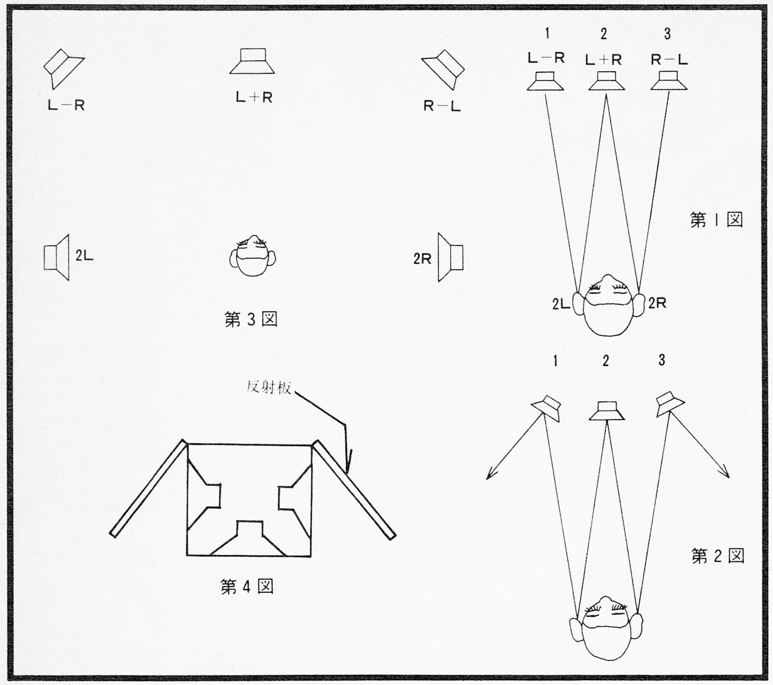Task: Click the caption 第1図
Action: coord(716,219)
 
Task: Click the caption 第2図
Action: coord(717,556)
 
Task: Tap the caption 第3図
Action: coord(251,319)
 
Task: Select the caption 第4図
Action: coord(247,587)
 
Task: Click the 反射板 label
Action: coord(269,388)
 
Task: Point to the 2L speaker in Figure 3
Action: coord(57,258)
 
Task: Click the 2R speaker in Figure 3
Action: coord(450,258)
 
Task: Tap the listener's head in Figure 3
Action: coord(253,257)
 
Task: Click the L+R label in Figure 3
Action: coord(254,97)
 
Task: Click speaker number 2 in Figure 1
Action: coord(606,82)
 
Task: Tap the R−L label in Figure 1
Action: coord(669,60)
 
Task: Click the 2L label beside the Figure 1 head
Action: coord(561,304)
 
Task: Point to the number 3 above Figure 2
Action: coord(662,360)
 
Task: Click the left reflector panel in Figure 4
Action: coord(148,488)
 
